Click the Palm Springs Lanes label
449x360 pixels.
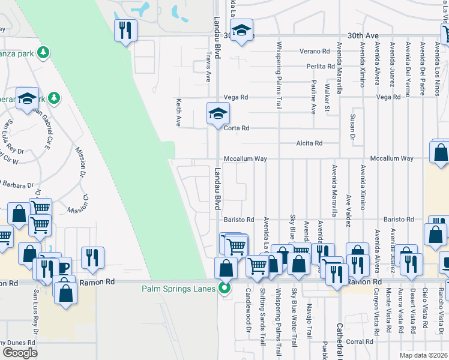point(179,288)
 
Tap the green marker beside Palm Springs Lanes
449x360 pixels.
point(225,288)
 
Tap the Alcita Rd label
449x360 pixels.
point(310,143)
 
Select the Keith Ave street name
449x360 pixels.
point(178,113)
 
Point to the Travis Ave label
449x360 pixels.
point(209,65)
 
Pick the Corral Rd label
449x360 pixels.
point(360,341)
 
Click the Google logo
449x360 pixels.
point(19,352)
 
